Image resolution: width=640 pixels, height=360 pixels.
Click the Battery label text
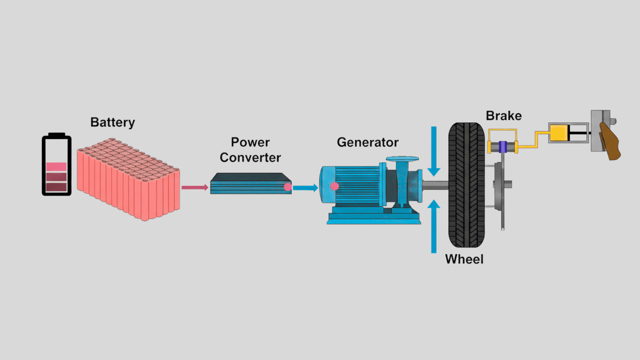pyautogui.click(x=113, y=122)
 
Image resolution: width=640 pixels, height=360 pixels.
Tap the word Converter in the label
pyautogui.click(x=250, y=158)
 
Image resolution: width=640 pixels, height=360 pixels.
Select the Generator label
pyautogui.click(x=368, y=142)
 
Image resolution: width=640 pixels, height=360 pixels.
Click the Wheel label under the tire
pyautogui.click(x=464, y=259)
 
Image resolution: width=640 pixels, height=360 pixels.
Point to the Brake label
pyautogui.click(x=504, y=116)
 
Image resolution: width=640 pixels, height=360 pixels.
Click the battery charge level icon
pyautogui.click(x=56, y=164)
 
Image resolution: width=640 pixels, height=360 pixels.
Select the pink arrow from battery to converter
pyautogui.click(x=195, y=187)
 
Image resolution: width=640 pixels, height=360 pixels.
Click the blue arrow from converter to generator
pyautogui.click(x=305, y=188)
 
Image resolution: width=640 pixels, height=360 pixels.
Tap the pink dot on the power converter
pyautogui.click(x=288, y=187)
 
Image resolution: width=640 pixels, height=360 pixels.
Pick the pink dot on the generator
pyautogui.click(x=335, y=186)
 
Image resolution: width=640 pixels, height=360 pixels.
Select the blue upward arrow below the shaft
pyautogui.click(x=434, y=227)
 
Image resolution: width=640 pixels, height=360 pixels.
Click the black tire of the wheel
pyautogui.click(x=466, y=185)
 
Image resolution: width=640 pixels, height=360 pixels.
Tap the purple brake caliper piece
pyautogui.click(x=503, y=147)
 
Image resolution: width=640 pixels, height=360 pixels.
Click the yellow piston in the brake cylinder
pyautogui.click(x=558, y=133)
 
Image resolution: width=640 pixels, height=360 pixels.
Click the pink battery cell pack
pyautogui.click(x=128, y=180)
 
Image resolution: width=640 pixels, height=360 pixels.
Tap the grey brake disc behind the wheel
pyautogui.click(x=499, y=187)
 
